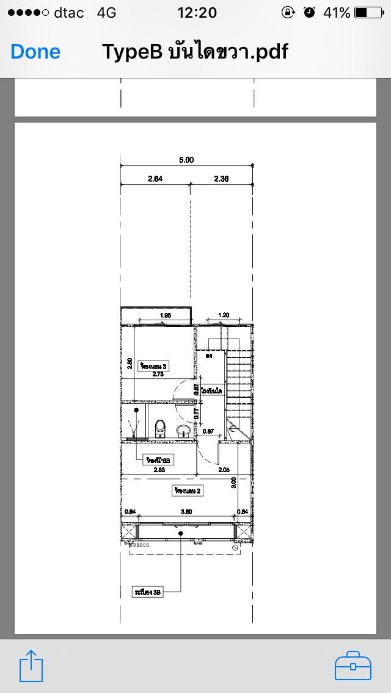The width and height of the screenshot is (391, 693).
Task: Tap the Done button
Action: tap(35, 52)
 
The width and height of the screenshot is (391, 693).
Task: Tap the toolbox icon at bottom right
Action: tap(353, 666)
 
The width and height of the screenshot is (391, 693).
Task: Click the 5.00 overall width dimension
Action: tap(186, 160)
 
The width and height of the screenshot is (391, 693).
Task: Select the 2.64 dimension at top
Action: tap(155, 179)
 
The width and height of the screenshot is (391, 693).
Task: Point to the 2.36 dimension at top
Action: tap(221, 179)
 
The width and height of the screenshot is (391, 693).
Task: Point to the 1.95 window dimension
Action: tap(164, 315)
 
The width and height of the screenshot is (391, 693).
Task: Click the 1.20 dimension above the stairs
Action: tap(224, 315)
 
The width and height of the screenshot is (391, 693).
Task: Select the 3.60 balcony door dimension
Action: tap(186, 512)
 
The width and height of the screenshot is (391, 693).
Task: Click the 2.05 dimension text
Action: tap(223, 470)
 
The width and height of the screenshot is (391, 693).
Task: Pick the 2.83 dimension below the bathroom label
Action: tap(159, 470)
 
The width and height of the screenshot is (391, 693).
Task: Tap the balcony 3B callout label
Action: tap(148, 592)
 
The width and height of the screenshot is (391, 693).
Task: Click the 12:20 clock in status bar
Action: tap(196, 13)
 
